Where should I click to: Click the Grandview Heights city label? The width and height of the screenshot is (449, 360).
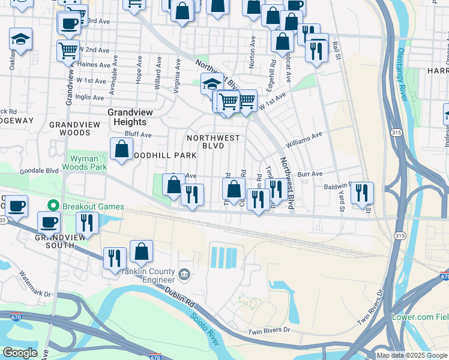click(130, 117)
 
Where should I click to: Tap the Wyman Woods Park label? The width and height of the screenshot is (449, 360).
click(85, 163)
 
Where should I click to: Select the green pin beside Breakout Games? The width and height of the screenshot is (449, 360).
click(54, 206)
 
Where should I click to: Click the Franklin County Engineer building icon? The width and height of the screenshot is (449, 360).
click(184, 275)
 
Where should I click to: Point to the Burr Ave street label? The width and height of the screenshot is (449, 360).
click(310, 174)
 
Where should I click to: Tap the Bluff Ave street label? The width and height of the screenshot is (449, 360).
click(137, 134)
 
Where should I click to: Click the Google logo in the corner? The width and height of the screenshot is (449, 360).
click(19, 353)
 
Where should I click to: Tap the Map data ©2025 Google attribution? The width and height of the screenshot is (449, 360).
click(412, 355)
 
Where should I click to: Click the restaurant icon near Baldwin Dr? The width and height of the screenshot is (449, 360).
click(362, 193)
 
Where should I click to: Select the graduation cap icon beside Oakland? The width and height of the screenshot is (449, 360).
click(20, 40)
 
